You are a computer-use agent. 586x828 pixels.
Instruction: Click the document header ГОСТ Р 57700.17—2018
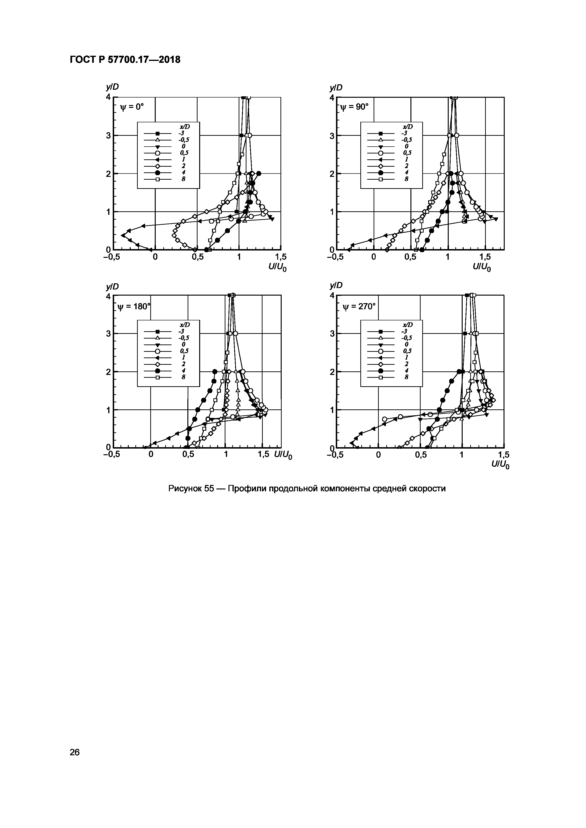125,60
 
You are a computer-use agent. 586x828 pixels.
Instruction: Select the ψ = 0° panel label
132,107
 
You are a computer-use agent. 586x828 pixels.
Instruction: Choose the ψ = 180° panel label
134,306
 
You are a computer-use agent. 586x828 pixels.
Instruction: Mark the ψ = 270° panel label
359,306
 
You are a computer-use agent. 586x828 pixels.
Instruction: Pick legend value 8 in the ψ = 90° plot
406,179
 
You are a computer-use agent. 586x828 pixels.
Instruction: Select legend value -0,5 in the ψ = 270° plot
407,338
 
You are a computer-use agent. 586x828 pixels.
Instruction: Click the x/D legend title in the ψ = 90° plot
407,127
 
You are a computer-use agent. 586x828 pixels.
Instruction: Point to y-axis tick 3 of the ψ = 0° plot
108,136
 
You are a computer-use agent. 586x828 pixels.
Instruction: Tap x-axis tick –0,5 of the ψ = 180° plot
111,455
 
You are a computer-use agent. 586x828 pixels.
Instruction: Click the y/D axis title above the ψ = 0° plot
112,87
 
